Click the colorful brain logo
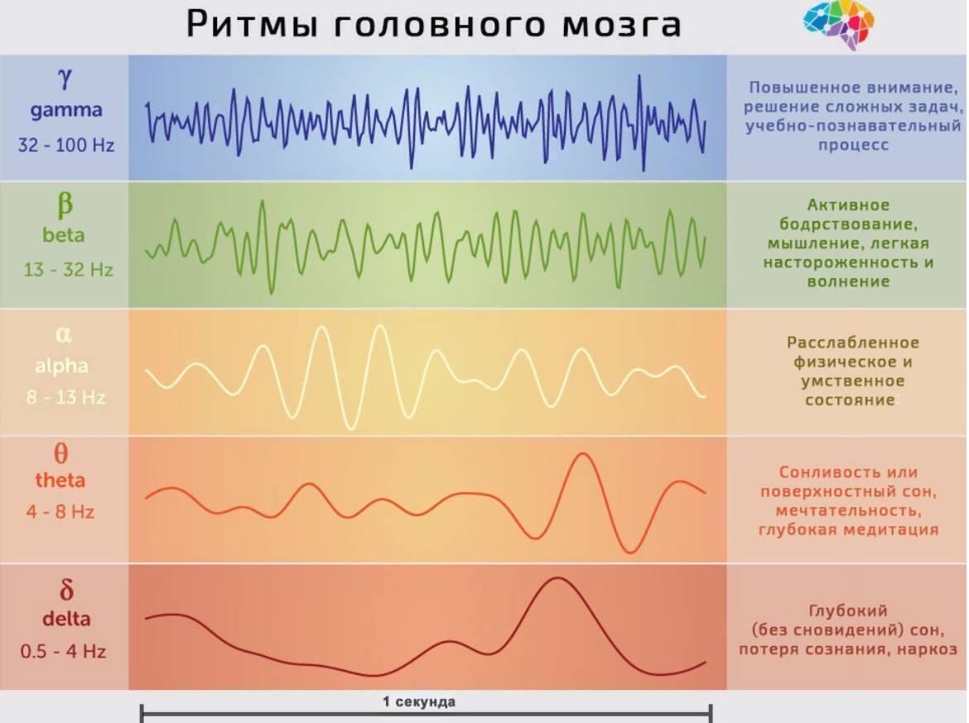(839, 25)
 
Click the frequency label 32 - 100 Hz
(66, 145)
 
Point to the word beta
(64, 235)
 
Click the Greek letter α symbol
(64, 335)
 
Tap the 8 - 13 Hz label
(65, 398)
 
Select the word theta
(60, 480)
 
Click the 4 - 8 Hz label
(60, 512)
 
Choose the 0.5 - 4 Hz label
(64, 651)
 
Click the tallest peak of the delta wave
(557, 579)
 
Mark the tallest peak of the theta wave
(583, 455)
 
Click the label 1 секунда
(419, 702)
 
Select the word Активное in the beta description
(848, 205)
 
